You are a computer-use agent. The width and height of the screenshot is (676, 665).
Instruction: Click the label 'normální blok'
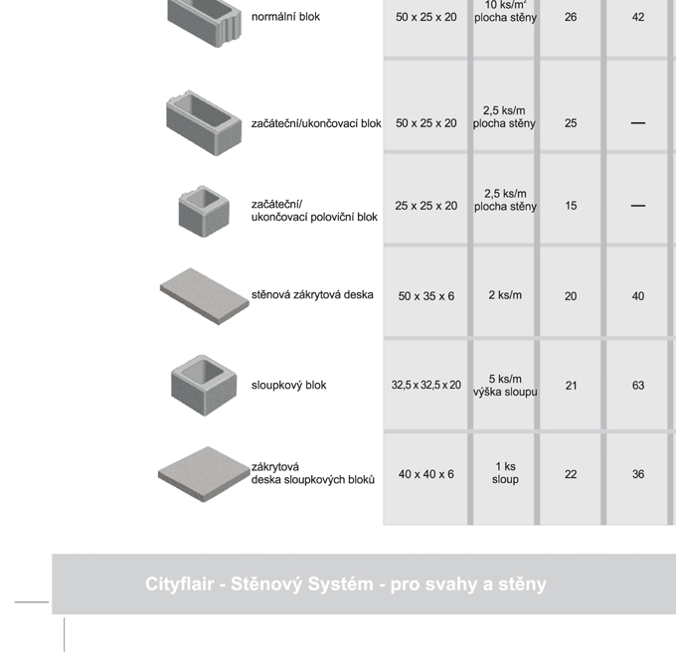point(285,17)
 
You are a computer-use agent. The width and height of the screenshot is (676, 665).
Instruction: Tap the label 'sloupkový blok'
point(288,385)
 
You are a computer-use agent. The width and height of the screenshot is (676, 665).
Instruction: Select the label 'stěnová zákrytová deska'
point(312,295)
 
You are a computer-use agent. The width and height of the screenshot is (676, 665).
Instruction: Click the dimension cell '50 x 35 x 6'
point(425,296)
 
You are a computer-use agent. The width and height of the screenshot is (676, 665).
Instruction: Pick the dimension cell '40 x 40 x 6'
point(425,474)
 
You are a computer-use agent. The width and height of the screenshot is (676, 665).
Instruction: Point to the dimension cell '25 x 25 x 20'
point(425,206)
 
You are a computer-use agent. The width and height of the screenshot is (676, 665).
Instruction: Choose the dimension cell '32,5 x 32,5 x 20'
point(425,385)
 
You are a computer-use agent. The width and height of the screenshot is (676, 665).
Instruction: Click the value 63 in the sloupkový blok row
point(638,385)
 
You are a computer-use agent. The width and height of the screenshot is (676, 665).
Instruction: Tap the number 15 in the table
point(571,206)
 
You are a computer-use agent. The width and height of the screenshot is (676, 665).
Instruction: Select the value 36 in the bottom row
point(638,474)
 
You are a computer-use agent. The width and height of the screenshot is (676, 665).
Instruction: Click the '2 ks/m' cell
point(505,295)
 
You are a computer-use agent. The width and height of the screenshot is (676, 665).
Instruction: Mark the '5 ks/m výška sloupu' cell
point(505,386)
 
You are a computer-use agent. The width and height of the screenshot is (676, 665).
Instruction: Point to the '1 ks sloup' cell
point(505,473)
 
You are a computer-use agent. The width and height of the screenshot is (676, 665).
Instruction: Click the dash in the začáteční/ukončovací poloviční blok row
point(638,206)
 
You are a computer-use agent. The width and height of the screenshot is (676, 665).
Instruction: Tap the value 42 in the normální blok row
point(638,17)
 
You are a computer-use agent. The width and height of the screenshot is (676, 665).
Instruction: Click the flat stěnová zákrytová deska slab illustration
point(205,296)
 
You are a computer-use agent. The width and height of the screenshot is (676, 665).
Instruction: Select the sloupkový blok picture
point(204,386)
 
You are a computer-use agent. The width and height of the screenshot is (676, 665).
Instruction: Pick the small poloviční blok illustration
point(204,212)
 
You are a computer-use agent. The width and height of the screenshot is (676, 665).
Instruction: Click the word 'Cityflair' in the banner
point(179,583)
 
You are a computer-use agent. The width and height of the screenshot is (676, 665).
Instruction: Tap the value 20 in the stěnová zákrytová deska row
point(571,296)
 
